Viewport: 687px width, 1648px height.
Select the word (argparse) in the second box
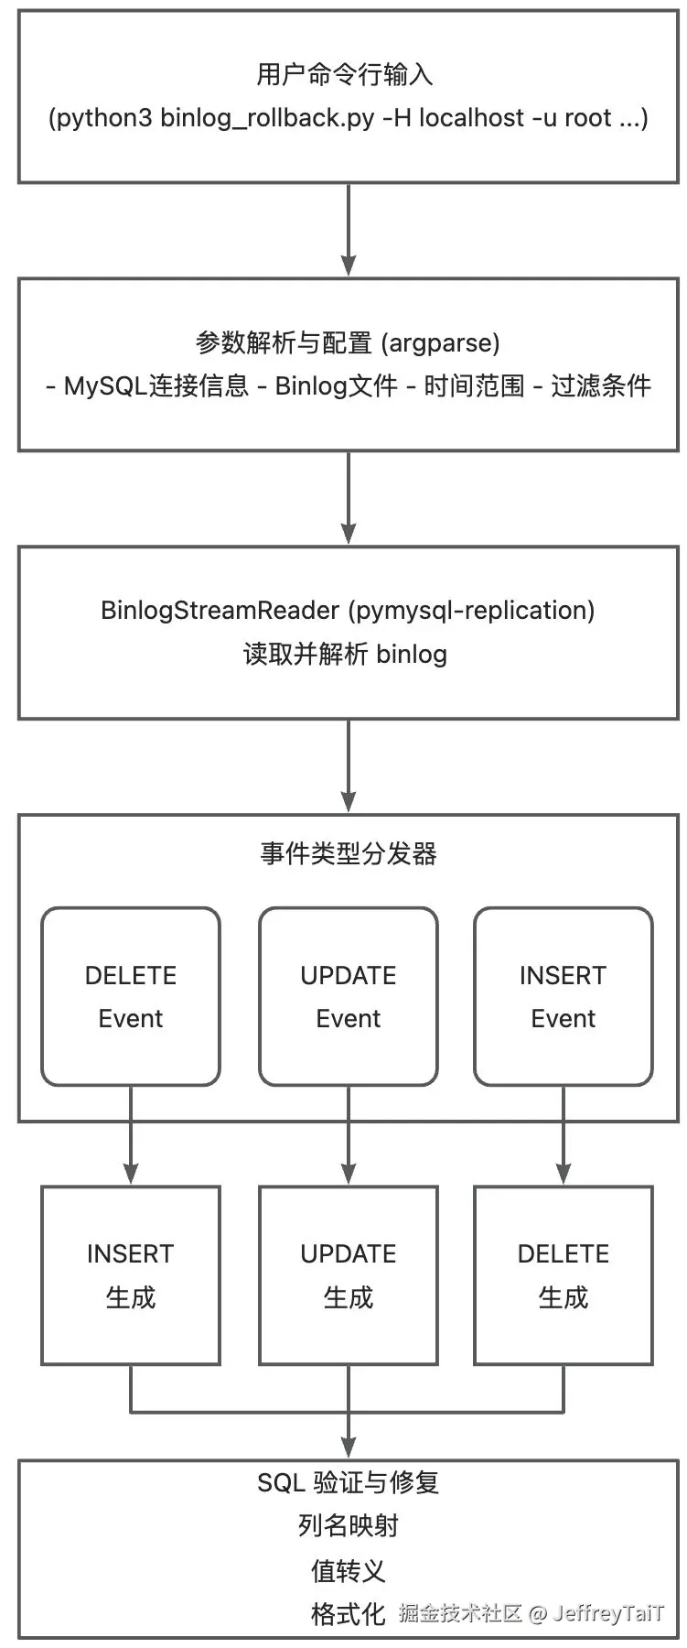pos(440,343)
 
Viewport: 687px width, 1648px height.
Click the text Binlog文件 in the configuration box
pos(336,386)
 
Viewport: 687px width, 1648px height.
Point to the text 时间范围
pos(474,386)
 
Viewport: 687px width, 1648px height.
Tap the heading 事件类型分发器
pos(348,854)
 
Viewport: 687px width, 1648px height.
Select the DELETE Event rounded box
pos(131,996)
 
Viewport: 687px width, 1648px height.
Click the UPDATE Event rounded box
pos(349,996)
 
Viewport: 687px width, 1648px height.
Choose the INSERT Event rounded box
pos(564,996)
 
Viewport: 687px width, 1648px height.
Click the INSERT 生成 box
pos(131,1274)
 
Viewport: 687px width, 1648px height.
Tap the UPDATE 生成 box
pos(349,1274)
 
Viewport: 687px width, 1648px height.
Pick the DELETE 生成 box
pos(564,1274)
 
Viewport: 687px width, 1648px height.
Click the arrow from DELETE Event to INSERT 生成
pos(131,1135)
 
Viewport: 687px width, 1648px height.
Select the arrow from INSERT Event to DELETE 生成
pos(564,1135)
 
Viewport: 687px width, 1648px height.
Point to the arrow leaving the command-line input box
pos(349,229)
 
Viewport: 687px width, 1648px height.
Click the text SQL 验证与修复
pos(348,1482)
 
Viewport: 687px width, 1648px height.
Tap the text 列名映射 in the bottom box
pos(348,1526)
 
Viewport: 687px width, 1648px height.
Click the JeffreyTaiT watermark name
pos(608,1613)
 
